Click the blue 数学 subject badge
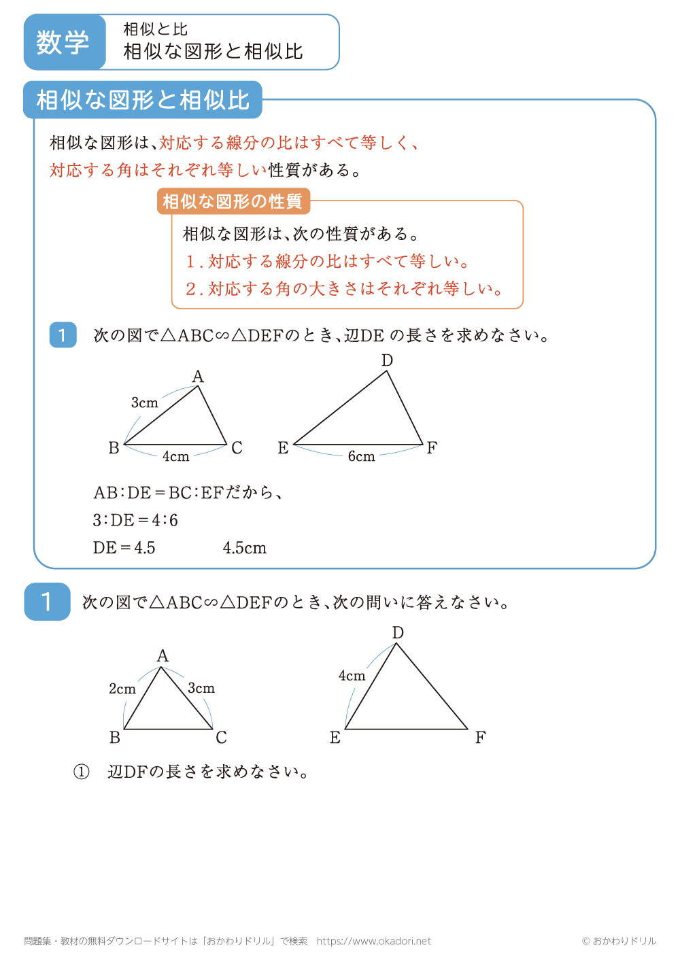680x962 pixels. (64, 42)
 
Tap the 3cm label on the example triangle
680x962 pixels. (144, 402)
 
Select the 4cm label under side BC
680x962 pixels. (175, 457)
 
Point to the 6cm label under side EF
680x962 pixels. (361, 457)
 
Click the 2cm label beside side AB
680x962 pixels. (122, 689)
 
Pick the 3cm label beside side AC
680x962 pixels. (201, 688)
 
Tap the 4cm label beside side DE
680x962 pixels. (352, 676)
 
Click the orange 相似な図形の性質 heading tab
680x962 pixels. (233, 201)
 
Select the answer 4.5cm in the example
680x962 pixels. (245, 548)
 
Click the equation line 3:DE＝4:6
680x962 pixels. (135, 520)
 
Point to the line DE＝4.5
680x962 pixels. (124, 548)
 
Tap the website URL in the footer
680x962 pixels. (374, 941)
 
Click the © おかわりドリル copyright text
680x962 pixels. (619, 941)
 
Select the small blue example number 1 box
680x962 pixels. (63, 335)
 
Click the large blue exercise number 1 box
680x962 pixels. (47, 602)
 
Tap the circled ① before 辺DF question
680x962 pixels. (82, 772)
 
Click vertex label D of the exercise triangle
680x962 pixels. (398, 632)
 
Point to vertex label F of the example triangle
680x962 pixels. (432, 448)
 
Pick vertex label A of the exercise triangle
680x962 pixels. (163, 655)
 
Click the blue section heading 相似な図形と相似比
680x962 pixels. (143, 100)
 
